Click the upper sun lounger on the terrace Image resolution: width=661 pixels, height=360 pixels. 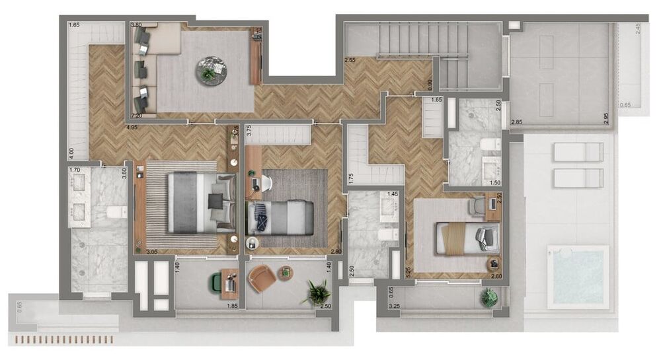click(x=577, y=152)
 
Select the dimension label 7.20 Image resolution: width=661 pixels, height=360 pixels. click(x=137, y=115)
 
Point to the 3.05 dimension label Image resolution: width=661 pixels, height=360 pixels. click(x=152, y=252)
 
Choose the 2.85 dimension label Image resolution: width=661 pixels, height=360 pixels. click(x=518, y=122)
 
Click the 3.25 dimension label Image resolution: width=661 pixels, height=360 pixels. click(x=394, y=306)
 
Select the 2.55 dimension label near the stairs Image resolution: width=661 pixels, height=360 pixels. click(x=351, y=61)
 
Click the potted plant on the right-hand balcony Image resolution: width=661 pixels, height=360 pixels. click(x=489, y=298)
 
